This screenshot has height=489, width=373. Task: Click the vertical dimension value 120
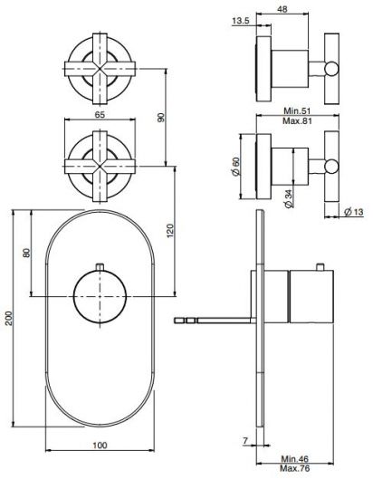pos(171,231)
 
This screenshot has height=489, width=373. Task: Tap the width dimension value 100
pos(100,445)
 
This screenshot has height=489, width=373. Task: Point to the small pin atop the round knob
pos(100,264)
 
